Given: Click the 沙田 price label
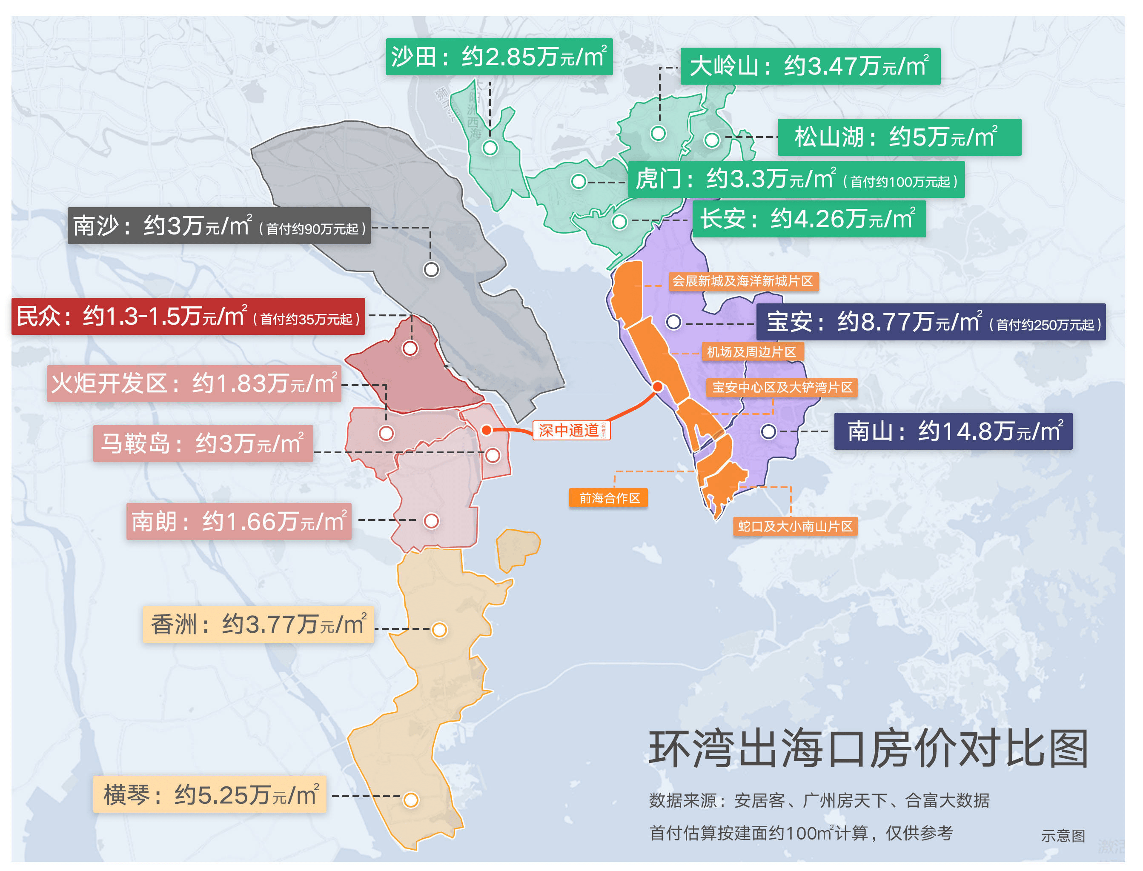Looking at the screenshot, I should (499, 57).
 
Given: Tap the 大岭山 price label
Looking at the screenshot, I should (810, 66).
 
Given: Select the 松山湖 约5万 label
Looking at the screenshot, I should (899, 137).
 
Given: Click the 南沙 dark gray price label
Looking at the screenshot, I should (219, 226).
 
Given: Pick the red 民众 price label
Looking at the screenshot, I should (188, 316).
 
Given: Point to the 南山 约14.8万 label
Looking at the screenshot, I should (953, 431).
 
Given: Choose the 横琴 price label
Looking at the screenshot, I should (209, 794).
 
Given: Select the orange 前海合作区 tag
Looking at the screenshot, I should (608, 498).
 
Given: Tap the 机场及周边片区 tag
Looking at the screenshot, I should (752, 352).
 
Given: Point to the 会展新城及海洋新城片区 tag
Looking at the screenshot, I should (743, 281).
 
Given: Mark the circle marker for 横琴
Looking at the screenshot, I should (411, 800).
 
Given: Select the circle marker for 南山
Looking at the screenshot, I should (768, 431).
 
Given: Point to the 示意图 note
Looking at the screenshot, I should (1063, 836).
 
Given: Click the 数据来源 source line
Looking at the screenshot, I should (819, 800).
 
